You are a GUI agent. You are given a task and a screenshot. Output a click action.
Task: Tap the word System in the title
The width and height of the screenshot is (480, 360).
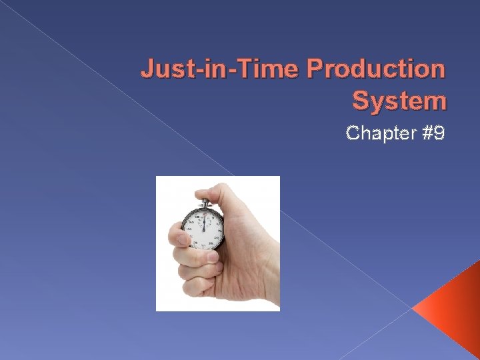399,101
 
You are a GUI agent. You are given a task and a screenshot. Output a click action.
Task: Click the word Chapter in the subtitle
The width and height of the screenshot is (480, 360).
377,133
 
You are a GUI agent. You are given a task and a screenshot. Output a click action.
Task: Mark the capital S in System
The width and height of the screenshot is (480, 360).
360,101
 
